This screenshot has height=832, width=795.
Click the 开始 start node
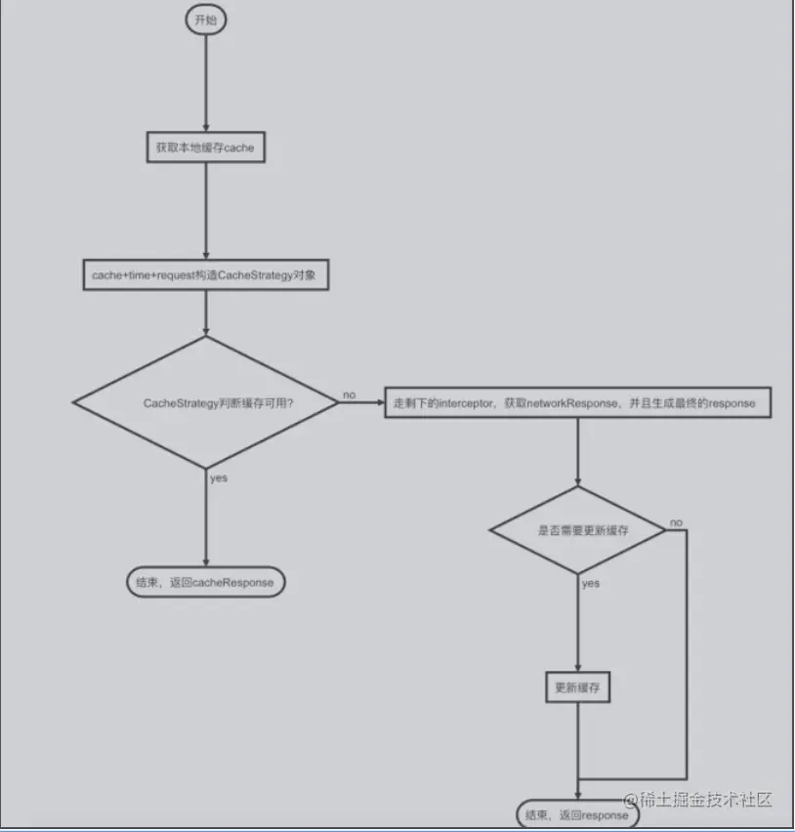click(206, 21)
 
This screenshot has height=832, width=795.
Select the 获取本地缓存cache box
click(205, 148)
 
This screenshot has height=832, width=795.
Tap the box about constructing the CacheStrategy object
click(205, 275)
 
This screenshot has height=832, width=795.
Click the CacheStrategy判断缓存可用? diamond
click(206, 402)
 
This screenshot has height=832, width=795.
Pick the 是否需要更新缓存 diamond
click(578, 530)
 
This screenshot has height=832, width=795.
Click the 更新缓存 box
click(577, 687)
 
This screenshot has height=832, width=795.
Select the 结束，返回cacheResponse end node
click(206, 582)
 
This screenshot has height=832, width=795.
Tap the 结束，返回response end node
click(577, 814)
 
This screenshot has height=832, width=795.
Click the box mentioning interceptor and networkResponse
click(578, 402)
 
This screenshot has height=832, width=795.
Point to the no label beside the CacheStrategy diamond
click(349, 395)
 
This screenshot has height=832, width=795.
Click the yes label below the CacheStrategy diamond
click(219, 478)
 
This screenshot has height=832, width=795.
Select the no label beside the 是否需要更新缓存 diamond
click(676, 522)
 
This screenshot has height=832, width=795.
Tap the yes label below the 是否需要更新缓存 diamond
click(591, 584)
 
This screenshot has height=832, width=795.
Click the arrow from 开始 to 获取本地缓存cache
click(206, 83)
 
